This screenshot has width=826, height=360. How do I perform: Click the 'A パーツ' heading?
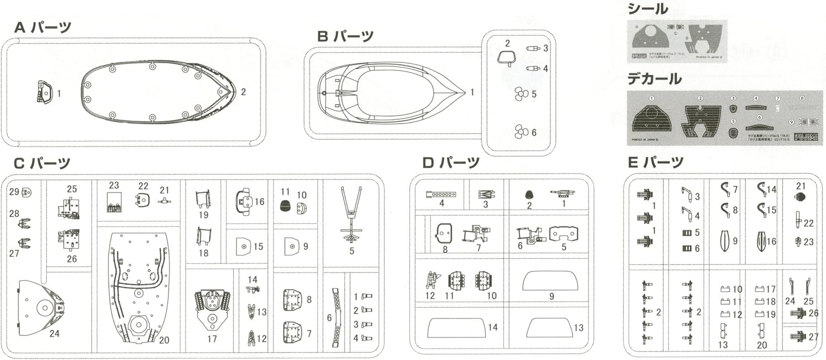42,28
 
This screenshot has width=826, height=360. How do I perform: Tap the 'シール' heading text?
648,9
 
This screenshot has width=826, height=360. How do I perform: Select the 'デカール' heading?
654,79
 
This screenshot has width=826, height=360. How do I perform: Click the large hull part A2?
157,92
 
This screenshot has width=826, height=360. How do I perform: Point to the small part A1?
44,92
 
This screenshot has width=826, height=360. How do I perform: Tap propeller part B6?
520,132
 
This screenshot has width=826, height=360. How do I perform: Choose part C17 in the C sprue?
212,309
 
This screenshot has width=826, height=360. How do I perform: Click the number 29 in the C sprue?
14,192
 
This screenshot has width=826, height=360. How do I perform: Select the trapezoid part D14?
457,328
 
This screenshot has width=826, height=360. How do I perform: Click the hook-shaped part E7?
725,190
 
